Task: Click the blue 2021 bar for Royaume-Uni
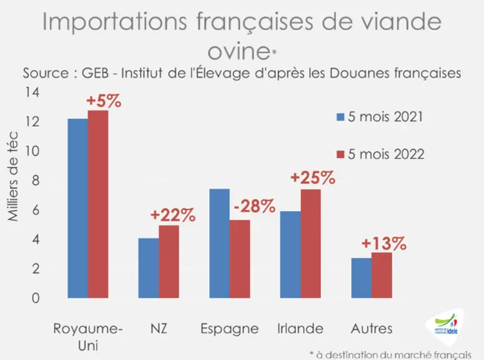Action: (x=78, y=208)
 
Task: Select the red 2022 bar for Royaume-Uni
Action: (x=98, y=204)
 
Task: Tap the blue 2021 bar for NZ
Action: (x=149, y=268)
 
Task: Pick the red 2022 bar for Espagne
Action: (x=240, y=259)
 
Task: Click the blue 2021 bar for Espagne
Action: (x=219, y=244)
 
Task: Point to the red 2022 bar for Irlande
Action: (x=311, y=244)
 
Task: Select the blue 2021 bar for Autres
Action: (x=362, y=278)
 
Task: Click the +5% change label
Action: (x=104, y=101)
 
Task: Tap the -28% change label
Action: (x=255, y=206)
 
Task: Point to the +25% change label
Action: (x=313, y=177)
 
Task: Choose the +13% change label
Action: (x=384, y=243)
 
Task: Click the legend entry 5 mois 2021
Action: (x=380, y=117)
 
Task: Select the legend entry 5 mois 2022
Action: (x=380, y=154)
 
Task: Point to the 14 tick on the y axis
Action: (x=32, y=92)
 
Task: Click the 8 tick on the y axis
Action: (x=36, y=181)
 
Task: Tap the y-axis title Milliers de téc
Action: (x=12, y=176)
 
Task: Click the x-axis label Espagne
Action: (x=230, y=329)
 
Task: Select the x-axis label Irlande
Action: (x=300, y=329)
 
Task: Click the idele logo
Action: (x=445, y=326)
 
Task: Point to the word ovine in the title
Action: (x=239, y=51)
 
